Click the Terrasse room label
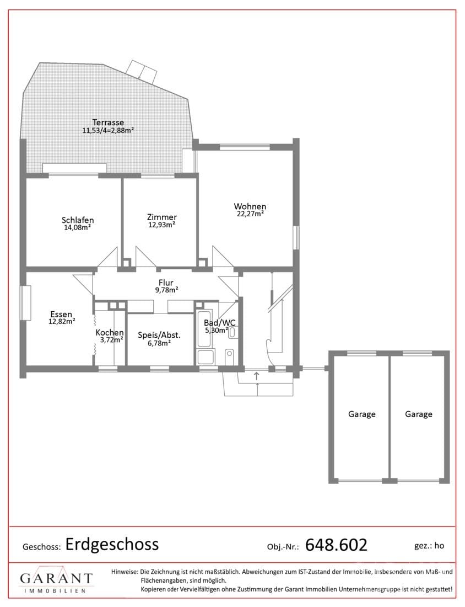(x=108, y=123)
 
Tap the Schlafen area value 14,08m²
(x=77, y=227)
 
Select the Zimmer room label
(x=161, y=217)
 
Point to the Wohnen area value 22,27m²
(x=250, y=214)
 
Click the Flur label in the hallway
(x=166, y=283)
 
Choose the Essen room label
(x=61, y=314)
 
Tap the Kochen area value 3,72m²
(x=111, y=340)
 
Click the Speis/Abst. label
(x=159, y=336)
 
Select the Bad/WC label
(x=219, y=323)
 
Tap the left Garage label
(x=362, y=414)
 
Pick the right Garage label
(x=419, y=414)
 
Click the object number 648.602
(x=336, y=545)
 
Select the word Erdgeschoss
(x=112, y=544)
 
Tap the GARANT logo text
(x=56, y=578)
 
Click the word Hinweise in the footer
(x=125, y=571)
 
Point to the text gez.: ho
(x=429, y=546)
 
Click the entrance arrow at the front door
(x=256, y=375)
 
